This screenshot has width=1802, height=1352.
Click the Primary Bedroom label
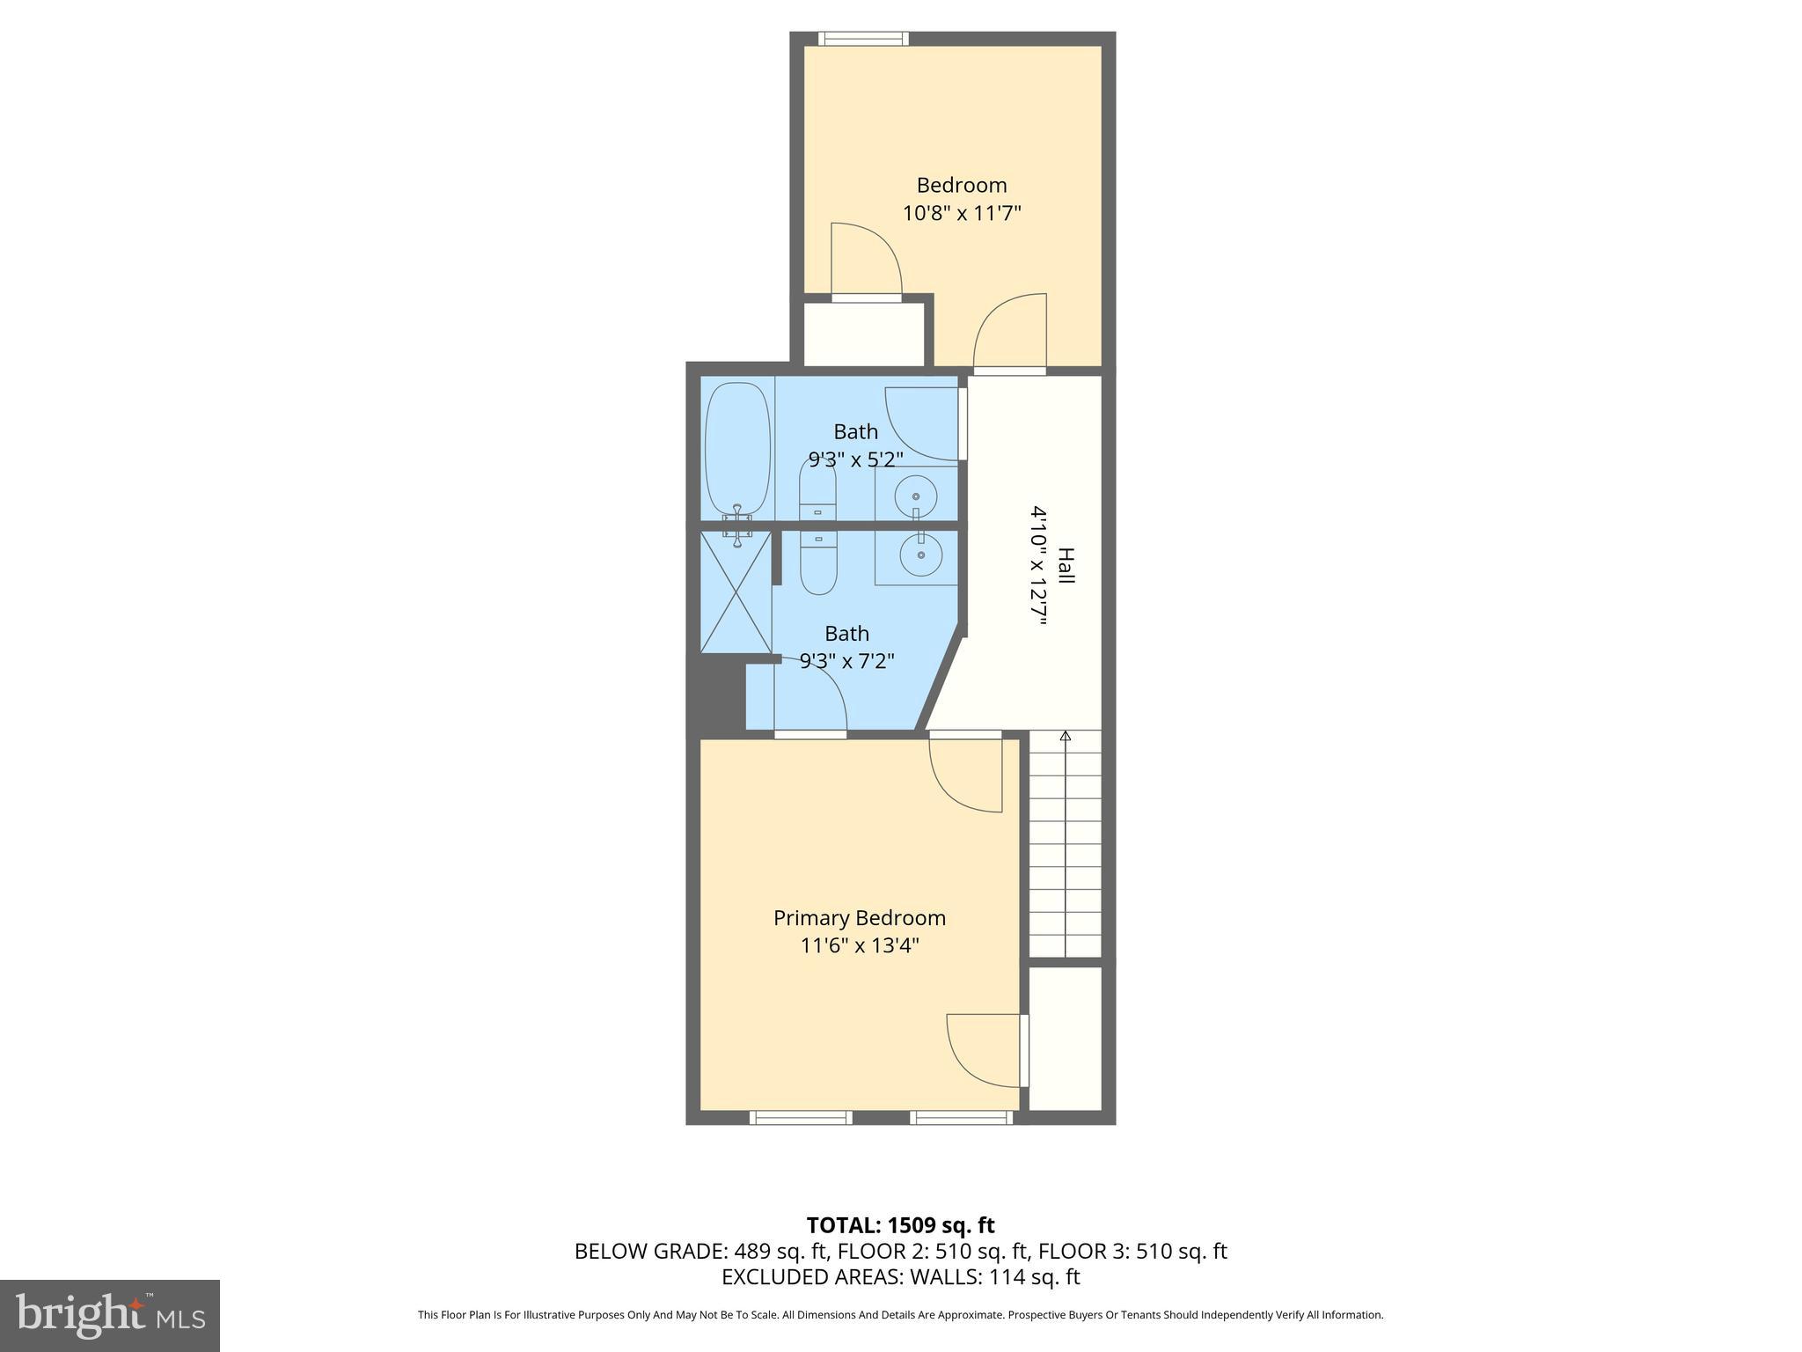click(859, 918)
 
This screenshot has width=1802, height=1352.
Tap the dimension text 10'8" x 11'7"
click(961, 213)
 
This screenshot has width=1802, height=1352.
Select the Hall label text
click(1066, 565)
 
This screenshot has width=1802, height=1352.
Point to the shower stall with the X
click(736, 591)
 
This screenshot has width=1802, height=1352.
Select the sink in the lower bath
click(920, 555)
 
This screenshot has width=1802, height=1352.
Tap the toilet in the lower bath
click(818, 567)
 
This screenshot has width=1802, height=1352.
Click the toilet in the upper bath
click(817, 491)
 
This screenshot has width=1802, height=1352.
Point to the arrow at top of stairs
click(1066, 736)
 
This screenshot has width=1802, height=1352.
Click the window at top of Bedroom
click(862, 39)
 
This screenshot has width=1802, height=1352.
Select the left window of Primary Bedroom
click(801, 1117)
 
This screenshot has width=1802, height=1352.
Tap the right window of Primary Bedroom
click(961, 1117)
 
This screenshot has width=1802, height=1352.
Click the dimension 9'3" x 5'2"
click(855, 459)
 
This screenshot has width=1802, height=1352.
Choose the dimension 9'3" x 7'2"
click(846, 660)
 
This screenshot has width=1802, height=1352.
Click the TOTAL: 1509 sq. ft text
click(900, 1225)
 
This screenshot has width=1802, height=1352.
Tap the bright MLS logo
click(110, 1315)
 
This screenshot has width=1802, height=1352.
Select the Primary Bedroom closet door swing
click(984, 1052)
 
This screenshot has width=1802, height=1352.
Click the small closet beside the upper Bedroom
click(864, 334)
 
